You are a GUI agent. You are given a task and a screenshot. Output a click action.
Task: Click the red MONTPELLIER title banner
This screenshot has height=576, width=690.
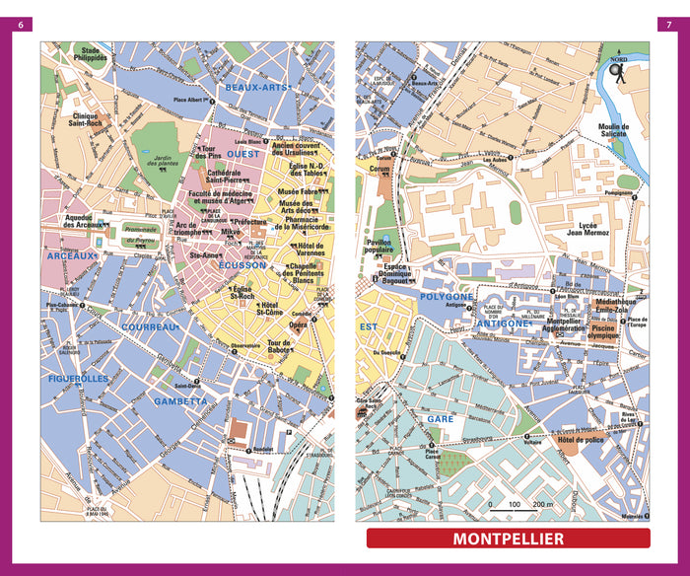[508, 539]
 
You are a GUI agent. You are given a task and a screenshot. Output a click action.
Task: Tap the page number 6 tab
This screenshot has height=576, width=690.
[22, 24]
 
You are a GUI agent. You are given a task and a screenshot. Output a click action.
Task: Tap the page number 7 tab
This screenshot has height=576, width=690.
[667, 24]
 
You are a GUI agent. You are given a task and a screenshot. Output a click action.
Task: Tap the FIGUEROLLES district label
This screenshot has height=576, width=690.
[78, 378]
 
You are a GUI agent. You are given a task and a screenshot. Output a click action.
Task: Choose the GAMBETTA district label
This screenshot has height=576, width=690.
[180, 401]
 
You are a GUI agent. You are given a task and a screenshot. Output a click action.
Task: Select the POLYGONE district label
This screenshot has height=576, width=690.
[447, 296]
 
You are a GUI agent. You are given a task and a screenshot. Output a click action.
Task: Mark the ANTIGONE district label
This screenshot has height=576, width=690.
[504, 323]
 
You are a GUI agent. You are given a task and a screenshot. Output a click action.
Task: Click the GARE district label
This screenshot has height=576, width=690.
[440, 418]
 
